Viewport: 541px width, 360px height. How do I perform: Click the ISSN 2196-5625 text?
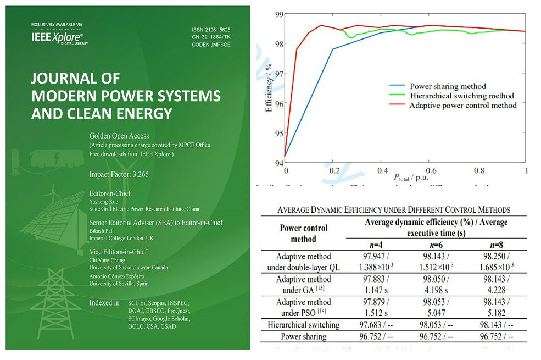pos(211,29)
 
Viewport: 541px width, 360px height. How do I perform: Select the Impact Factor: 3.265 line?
pos(119,175)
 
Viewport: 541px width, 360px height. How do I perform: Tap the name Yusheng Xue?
pos(104,201)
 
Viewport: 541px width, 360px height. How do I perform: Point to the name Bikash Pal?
pos(101,231)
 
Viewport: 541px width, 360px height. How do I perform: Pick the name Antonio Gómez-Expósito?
pos(116,276)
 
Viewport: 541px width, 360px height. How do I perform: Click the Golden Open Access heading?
pos(119,136)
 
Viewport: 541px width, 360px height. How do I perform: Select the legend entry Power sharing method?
pos(448,86)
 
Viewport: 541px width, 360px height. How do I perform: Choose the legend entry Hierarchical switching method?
pos(461,96)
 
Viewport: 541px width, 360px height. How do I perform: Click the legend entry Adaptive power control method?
pos(463,105)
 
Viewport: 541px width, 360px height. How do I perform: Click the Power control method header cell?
pos(303,233)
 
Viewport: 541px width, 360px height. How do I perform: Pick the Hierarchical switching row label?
pos(303,325)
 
